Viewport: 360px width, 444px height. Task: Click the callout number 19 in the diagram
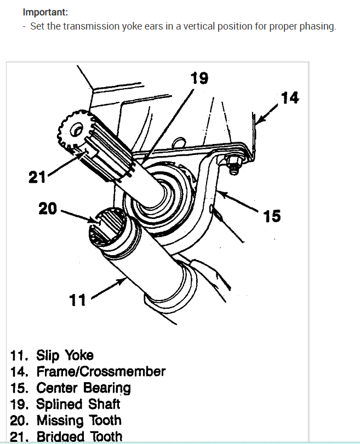(x=199, y=78)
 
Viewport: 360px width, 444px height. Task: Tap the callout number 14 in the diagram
(x=289, y=98)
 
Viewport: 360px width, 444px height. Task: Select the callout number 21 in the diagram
(x=37, y=177)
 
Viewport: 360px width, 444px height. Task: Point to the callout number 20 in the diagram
(x=48, y=209)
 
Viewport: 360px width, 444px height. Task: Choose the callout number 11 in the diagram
(x=78, y=299)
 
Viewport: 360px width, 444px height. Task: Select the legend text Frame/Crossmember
(x=101, y=371)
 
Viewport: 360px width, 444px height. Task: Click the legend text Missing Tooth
(x=78, y=420)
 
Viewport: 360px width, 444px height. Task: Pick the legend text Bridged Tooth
(x=79, y=436)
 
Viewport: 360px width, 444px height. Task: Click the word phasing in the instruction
(x=316, y=27)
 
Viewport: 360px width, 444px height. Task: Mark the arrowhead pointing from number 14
(x=260, y=121)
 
